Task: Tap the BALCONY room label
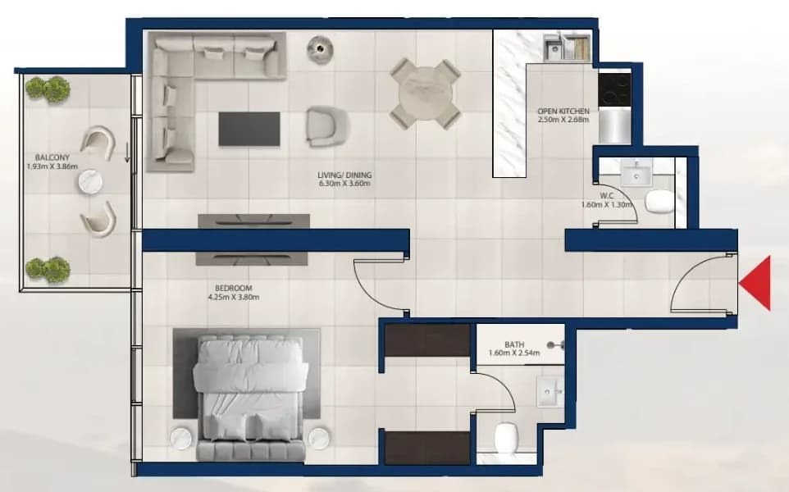pos(52,157)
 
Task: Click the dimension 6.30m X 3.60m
pos(344,184)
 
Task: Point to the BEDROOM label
pos(234,289)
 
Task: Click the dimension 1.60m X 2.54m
pos(514,353)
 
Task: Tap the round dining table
pos(426,94)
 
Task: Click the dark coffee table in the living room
pos(249,129)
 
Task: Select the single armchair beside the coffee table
pos(327,126)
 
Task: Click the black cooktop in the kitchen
pos(614,89)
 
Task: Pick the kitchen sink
pos(555,49)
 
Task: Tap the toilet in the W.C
pos(659,201)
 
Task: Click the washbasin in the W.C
pos(636,175)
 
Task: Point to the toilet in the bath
pos(506,437)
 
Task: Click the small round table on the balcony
pos(91,181)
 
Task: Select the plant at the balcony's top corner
pos(48,89)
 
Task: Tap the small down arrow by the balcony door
pos(127,153)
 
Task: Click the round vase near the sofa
pos(320,49)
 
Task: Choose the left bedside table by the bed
pos(181,438)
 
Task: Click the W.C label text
pos(607,196)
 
